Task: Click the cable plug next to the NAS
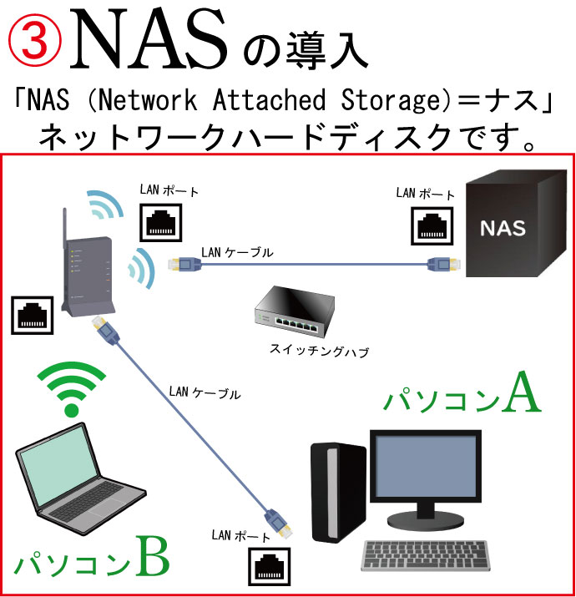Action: pyautogui.click(x=441, y=266)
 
